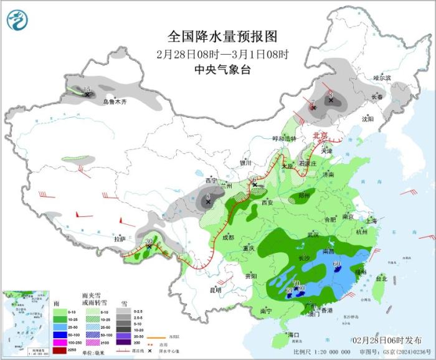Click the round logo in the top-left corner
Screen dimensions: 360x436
pyautogui.click(x=18, y=20)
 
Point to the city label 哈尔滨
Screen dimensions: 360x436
pyautogui.click(x=382, y=78)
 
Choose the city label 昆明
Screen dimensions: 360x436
pyautogui.click(x=215, y=290)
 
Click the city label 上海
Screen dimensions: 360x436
pyautogui.click(x=371, y=220)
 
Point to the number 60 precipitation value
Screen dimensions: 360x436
pyautogui.click(x=337, y=264)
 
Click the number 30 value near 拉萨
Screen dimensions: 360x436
pyautogui.click(x=149, y=240)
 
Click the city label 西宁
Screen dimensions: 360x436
pyautogui.click(x=211, y=180)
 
